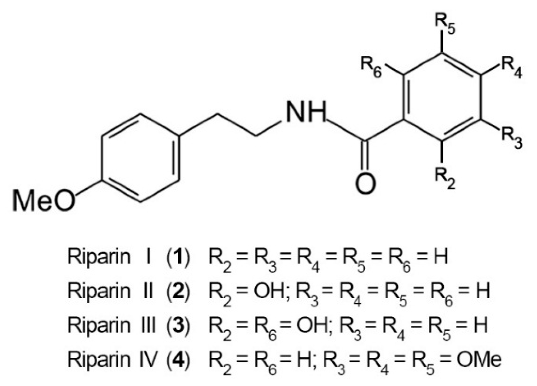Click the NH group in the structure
click(305, 112)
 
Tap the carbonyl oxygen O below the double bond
click(365, 183)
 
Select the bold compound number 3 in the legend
click(178, 325)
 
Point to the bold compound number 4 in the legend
click(178, 359)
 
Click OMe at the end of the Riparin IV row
click(479, 359)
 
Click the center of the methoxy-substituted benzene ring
click(141, 158)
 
